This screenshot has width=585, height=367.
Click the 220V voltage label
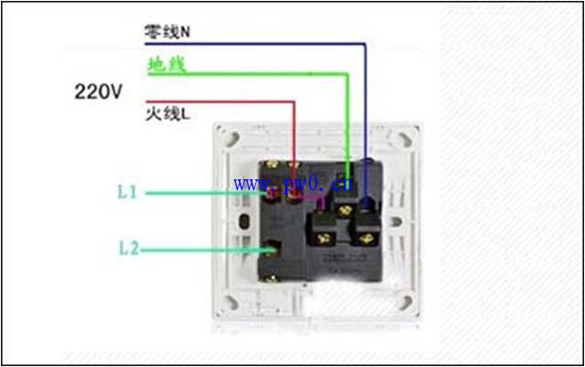click(99, 92)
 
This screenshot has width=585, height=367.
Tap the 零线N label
click(166, 32)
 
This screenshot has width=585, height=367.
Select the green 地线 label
click(166, 64)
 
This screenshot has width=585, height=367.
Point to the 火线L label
click(167, 113)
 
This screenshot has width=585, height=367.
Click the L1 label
click(127, 192)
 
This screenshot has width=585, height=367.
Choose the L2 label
click(129, 248)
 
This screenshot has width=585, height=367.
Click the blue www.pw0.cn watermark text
click(292, 184)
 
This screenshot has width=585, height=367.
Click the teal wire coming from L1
click(206, 193)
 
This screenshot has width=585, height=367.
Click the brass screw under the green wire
click(346, 211)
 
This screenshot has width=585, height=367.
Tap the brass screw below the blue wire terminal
click(367, 239)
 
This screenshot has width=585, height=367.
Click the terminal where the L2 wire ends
click(271, 249)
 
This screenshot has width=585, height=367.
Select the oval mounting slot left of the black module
click(244, 222)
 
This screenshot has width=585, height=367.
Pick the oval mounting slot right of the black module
click(396, 222)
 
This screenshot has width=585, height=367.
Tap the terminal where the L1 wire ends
click(272, 194)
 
